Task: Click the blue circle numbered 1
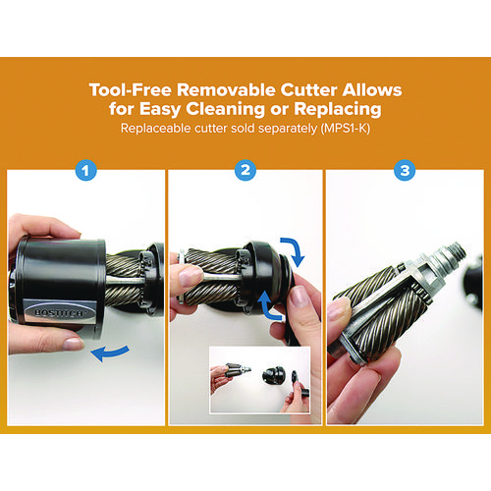tap(85, 171)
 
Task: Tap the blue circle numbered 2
tap(245, 170)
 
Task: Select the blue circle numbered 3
tap(405, 170)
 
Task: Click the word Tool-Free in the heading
tap(130, 89)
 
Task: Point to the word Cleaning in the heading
tap(225, 109)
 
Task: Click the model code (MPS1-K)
tap(346, 129)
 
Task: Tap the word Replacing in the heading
tap(338, 109)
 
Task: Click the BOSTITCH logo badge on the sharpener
tap(59, 312)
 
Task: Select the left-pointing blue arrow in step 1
tap(110, 353)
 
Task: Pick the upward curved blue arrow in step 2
tap(268, 307)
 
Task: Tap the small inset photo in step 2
tap(259, 380)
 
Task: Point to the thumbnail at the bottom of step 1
tap(73, 344)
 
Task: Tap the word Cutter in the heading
tap(308, 89)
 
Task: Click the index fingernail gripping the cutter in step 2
tap(190, 277)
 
